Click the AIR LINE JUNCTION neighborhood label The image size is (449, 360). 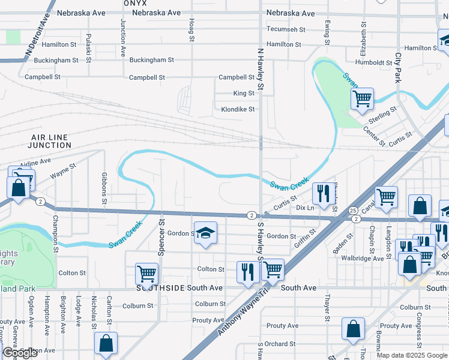pos(51,141)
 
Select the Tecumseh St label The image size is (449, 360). pos(286,29)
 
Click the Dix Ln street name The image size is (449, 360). pos(306,208)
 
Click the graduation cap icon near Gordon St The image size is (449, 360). pos(205,233)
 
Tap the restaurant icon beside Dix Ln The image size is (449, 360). pos(324,193)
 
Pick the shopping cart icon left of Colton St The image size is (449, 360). pos(146,274)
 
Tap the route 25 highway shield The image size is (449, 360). pos(353,211)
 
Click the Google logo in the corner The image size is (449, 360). pos(20,353)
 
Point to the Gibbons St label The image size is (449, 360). pos(104,187)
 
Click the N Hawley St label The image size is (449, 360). pos(261,69)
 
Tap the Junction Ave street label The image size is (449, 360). pos(122,37)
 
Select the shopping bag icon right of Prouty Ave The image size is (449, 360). pos(354,329)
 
